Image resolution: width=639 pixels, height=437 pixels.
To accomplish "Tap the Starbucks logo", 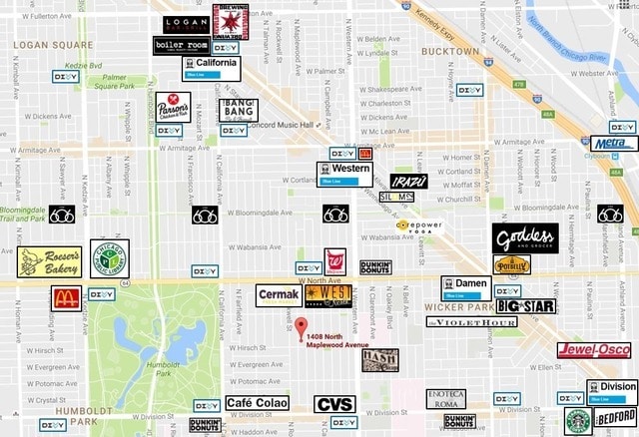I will click(x=578, y=420).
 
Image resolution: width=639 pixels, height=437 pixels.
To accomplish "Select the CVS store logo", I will click(x=333, y=404).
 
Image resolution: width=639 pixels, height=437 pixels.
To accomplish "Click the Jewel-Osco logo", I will click(x=593, y=349).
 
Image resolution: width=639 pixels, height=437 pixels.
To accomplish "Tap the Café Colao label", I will click(x=257, y=403).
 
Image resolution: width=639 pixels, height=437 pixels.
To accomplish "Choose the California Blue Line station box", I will click(x=211, y=67).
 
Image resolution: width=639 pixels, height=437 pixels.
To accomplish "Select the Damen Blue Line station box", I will click(x=467, y=288).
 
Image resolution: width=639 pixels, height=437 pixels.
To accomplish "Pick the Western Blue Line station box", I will click(x=344, y=174).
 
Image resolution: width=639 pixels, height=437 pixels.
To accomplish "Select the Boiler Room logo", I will click(x=180, y=45).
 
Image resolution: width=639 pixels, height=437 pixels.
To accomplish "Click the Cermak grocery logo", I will click(x=279, y=295).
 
